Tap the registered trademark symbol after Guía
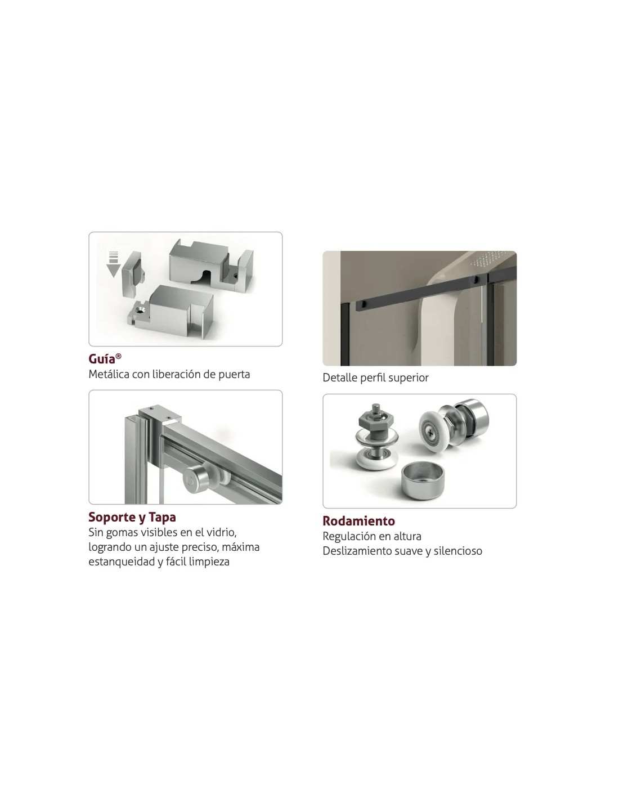pos(119,356)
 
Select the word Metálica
pos(109,375)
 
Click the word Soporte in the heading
pos(112,518)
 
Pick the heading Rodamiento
pos(358,521)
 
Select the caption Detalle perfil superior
pos(375,377)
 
